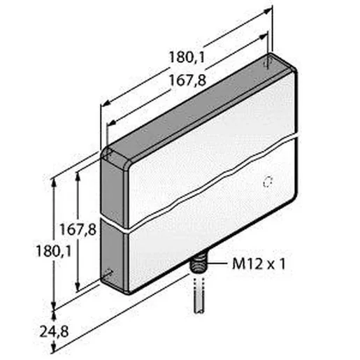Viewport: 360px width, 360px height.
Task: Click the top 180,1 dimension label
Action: click(187, 57)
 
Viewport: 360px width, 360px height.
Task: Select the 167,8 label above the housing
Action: click(187, 80)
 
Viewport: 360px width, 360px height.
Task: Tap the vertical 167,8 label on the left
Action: click(78, 229)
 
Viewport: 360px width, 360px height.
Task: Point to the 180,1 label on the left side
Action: click(54, 252)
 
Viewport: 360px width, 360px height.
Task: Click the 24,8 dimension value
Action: click(54, 331)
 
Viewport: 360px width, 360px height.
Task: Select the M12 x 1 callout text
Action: click(259, 264)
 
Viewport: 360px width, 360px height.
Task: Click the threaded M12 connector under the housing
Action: click(198, 264)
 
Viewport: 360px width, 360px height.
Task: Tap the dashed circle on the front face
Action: click(268, 182)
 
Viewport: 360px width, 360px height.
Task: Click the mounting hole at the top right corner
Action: click(268, 62)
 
